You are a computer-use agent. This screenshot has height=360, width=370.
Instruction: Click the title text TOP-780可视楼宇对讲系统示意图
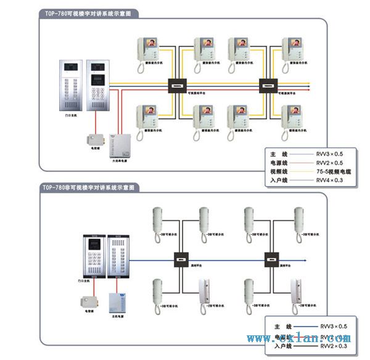click(x=88, y=13)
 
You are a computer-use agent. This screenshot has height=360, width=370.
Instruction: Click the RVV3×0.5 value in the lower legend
click(x=333, y=326)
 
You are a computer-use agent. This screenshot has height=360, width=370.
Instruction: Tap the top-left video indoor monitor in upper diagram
click(x=150, y=50)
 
